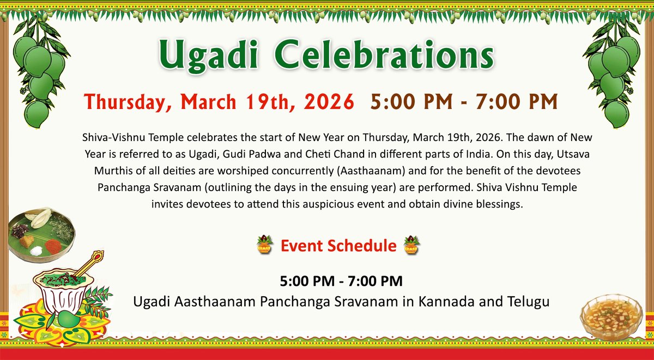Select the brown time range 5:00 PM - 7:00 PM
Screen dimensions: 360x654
(x=464, y=102)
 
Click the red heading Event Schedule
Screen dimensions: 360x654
(x=338, y=246)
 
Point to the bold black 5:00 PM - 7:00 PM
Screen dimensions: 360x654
(x=342, y=282)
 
